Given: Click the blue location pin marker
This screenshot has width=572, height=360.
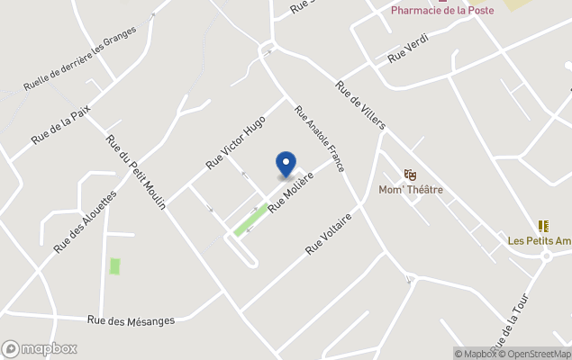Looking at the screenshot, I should coord(286,164).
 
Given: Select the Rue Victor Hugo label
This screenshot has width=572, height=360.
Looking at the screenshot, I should coord(236,142).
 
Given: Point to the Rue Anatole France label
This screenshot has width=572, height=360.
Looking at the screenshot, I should coord(320,139).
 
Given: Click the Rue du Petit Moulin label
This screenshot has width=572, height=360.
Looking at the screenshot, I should coord(136,172).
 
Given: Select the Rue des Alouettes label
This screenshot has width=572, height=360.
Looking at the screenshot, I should coord(86,220).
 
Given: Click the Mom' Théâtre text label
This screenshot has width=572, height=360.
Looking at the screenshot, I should coord(411,190).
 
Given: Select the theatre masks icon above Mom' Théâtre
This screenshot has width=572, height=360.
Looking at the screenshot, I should coord(411,175).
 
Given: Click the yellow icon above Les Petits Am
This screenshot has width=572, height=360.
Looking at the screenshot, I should coord(543,226).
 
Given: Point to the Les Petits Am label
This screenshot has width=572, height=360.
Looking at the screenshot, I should coord(540,240).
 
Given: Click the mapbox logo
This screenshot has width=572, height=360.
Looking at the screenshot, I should coord(40,349).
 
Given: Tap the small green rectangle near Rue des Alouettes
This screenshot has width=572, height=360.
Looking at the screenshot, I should coord(114,266).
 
